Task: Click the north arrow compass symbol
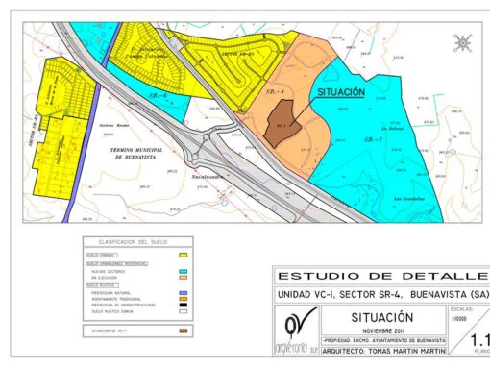click(x=462, y=43)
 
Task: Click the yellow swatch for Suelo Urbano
click(x=182, y=256)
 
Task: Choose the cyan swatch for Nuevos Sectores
click(x=182, y=271)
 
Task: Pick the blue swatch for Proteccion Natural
click(x=182, y=291)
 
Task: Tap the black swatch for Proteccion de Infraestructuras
click(x=182, y=305)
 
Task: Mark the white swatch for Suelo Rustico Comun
click(x=182, y=311)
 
